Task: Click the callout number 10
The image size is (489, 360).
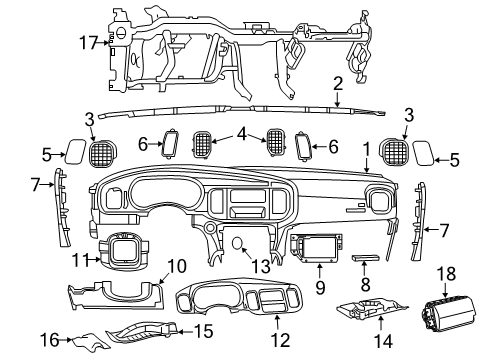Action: [177, 266]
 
